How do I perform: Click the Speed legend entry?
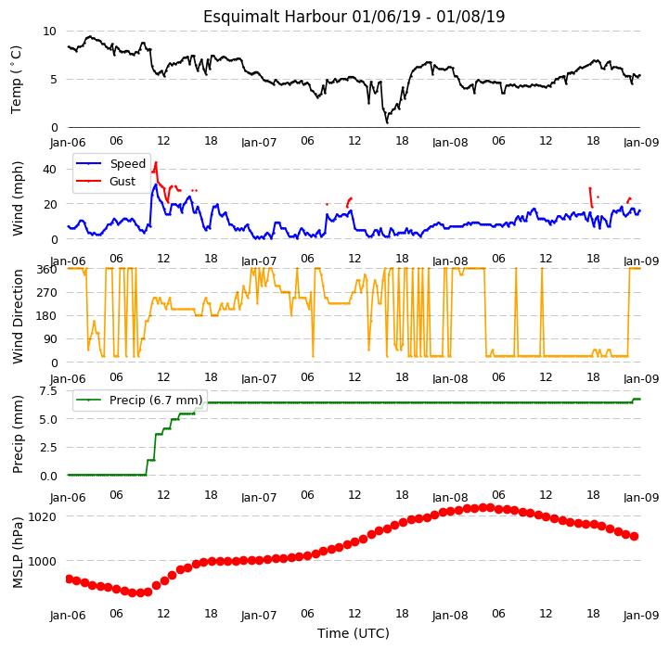[x=111, y=164]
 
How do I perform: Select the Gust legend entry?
[x=106, y=181]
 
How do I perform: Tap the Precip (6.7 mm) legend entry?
[x=139, y=400]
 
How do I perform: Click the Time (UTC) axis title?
[x=354, y=633]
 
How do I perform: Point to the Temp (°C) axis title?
[x=16, y=80]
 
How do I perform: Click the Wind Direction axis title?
[x=18, y=316]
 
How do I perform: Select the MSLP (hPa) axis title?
[x=18, y=553]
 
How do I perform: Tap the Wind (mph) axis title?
[x=18, y=198]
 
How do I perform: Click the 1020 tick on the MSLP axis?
[x=43, y=517]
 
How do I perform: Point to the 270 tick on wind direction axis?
[x=47, y=293]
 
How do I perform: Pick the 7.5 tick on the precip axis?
[x=48, y=391]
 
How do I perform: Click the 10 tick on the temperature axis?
[x=49, y=32]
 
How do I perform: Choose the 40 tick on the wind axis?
[x=49, y=170]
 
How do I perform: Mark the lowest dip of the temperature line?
[x=387, y=122]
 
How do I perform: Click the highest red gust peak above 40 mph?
[x=156, y=162]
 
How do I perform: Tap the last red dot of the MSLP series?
[x=634, y=537]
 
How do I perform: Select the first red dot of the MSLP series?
[x=69, y=579]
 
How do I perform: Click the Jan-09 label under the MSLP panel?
[x=641, y=616]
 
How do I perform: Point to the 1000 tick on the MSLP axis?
[x=43, y=562]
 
